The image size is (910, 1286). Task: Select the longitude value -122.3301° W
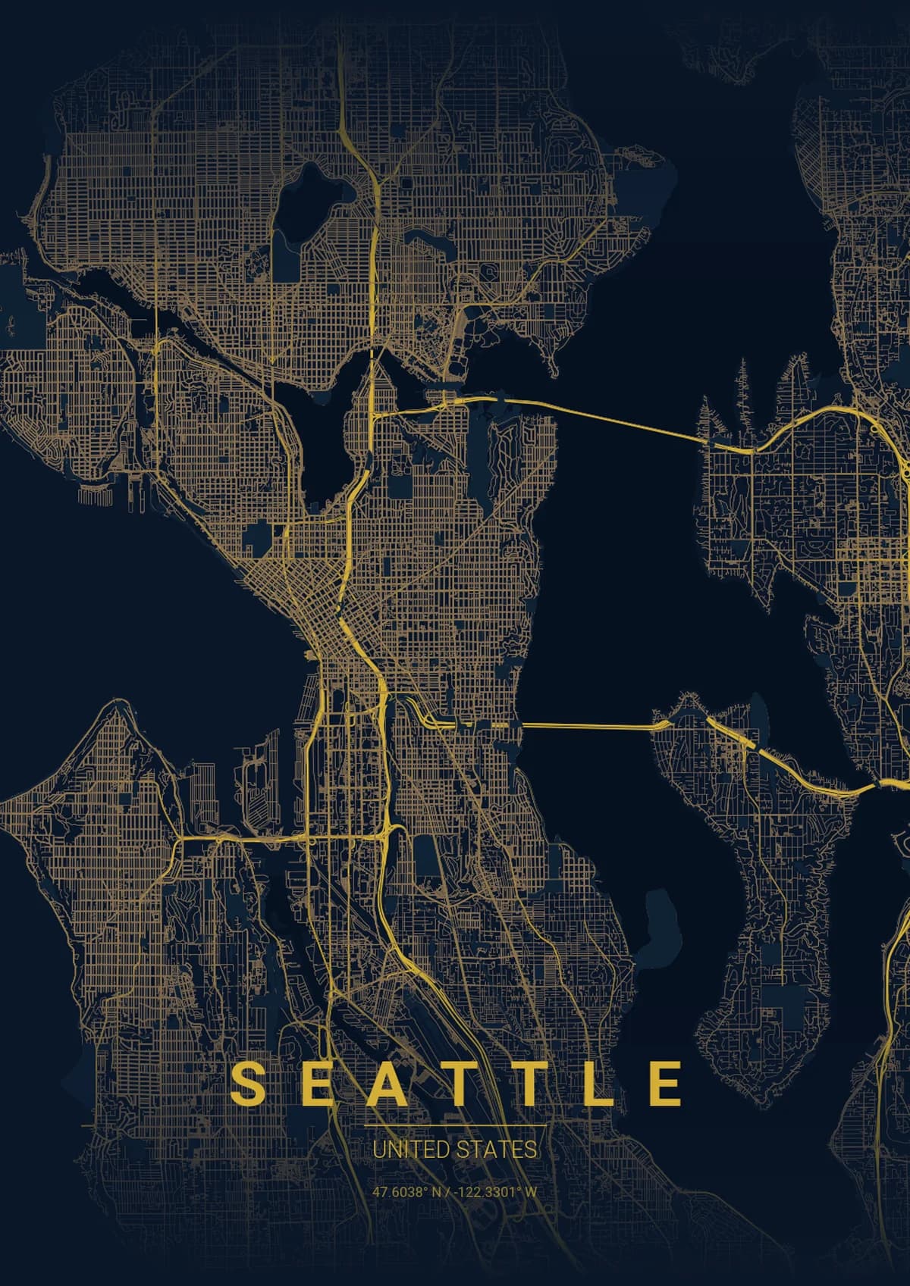click(x=496, y=1192)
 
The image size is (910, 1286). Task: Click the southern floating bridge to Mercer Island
click(x=588, y=727)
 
